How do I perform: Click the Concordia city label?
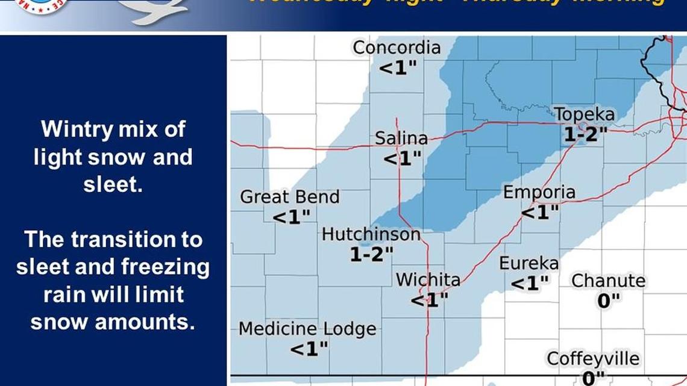click(x=397, y=48)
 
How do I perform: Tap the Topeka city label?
click(x=585, y=115)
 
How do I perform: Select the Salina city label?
click(x=401, y=139)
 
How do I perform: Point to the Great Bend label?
click(x=290, y=197)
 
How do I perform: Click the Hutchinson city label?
click(x=371, y=234)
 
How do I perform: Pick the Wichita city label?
click(x=428, y=280)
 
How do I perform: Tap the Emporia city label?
click(x=539, y=193)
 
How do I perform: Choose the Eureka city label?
click(x=529, y=264)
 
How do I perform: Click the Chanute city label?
click(x=608, y=281)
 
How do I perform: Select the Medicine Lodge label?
click(x=307, y=329)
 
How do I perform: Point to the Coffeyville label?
click(x=593, y=360)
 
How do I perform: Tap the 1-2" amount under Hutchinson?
click(x=372, y=255)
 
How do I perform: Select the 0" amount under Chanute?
click(x=609, y=301)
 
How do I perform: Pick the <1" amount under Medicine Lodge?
click(x=309, y=349)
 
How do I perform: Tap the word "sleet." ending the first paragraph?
click(x=113, y=185)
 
